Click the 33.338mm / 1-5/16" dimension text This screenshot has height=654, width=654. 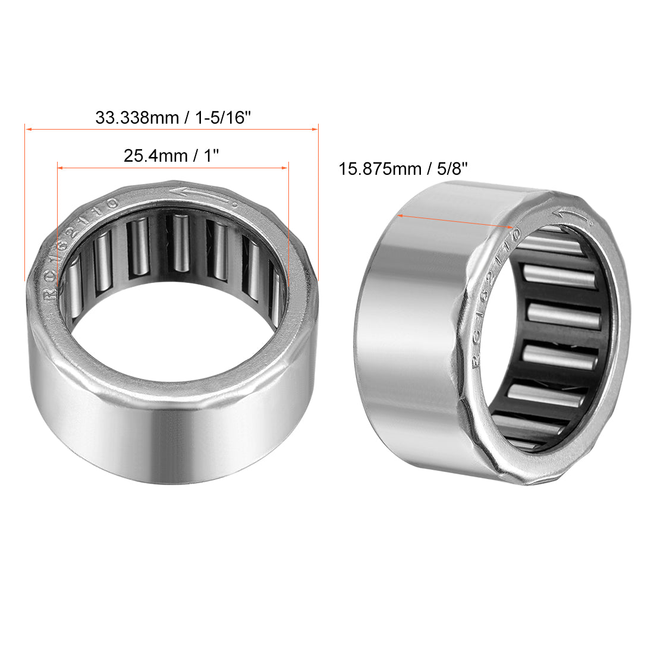[173, 117]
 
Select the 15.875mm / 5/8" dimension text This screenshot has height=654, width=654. [403, 168]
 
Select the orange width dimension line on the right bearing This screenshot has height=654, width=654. [455, 221]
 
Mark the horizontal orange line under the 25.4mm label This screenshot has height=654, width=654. [172, 168]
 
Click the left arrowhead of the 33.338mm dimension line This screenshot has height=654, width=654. [27, 128]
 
